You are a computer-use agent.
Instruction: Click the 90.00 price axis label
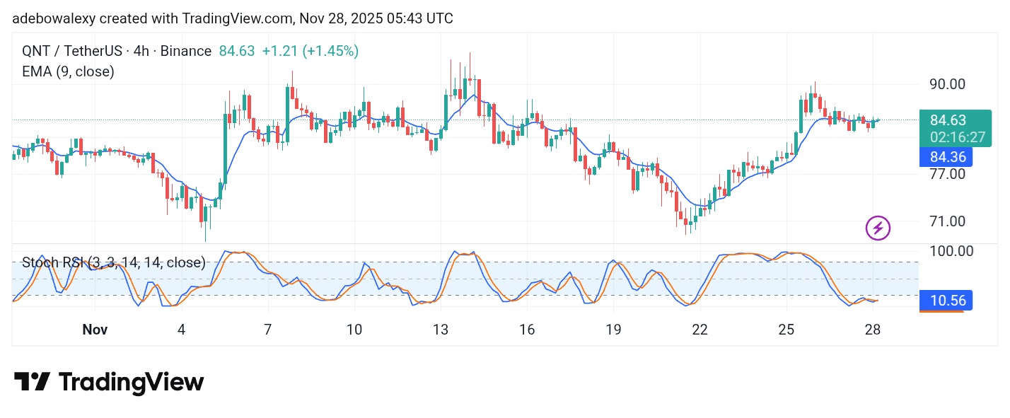tap(947, 84)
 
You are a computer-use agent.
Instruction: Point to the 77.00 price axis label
tap(947, 173)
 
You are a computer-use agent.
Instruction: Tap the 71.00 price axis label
tap(947, 221)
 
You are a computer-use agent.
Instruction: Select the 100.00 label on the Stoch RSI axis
tap(951, 251)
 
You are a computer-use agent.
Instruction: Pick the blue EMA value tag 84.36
tap(946, 157)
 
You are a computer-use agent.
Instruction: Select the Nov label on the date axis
tap(95, 330)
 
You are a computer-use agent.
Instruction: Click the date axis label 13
tap(441, 330)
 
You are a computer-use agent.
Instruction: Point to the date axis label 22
tap(700, 330)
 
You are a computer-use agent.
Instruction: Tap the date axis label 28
tap(873, 330)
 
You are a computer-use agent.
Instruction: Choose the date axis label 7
tap(268, 330)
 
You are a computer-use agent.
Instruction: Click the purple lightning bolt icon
tap(878, 228)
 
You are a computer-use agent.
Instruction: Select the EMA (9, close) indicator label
tap(68, 71)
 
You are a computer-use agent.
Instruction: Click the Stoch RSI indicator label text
tap(113, 263)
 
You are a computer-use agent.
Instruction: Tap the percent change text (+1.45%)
tap(330, 51)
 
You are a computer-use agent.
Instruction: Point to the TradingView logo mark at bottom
tap(33, 383)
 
